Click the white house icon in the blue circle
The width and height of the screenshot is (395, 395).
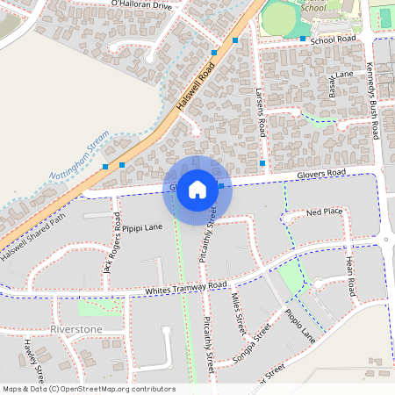(x=197, y=189)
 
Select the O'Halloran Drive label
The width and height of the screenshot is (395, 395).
(x=140, y=4)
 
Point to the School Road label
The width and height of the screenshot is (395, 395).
(x=333, y=39)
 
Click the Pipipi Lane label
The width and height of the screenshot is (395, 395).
(x=142, y=227)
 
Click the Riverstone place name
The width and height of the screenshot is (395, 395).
(x=76, y=329)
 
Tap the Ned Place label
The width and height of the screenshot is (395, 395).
(x=324, y=212)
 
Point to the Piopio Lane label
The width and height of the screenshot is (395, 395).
(x=299, y=325)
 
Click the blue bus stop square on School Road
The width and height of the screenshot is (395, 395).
(x=302, y=39)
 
